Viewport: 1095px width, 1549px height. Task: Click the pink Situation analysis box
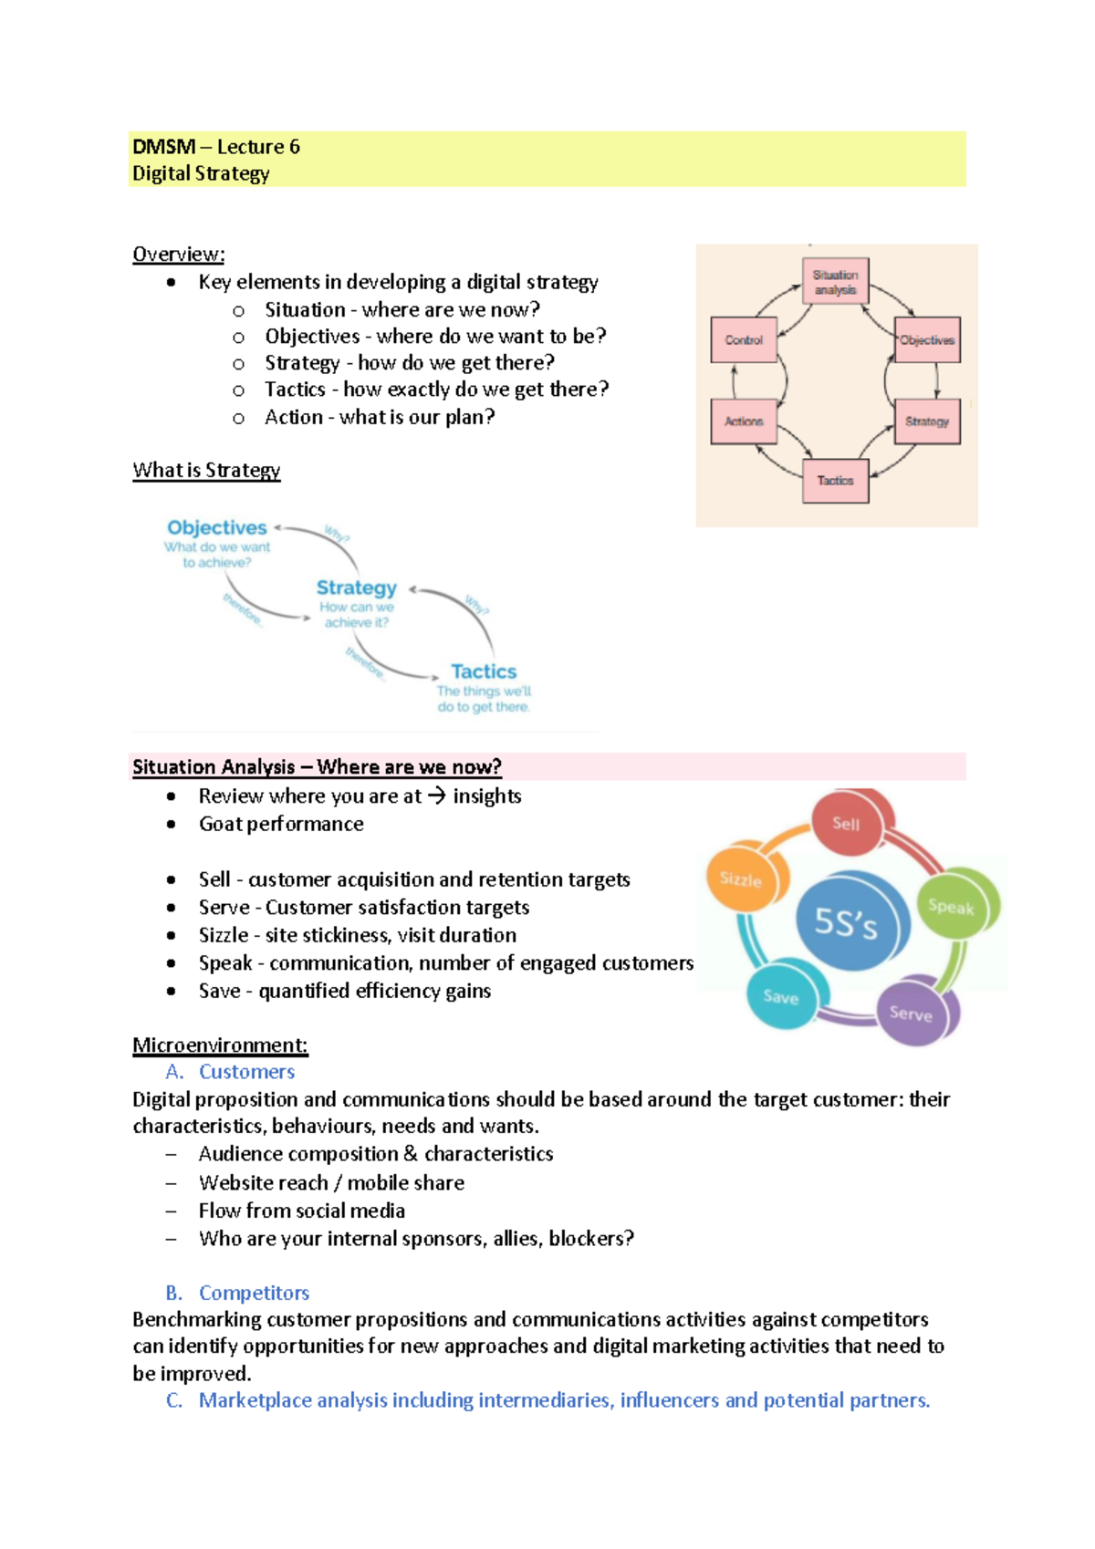[x=835, y=282]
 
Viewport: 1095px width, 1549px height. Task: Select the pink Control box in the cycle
[x=744, y=340]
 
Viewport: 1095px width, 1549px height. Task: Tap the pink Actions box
[x=744, y=421]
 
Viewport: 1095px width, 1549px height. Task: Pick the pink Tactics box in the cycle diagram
[x=835, y=481]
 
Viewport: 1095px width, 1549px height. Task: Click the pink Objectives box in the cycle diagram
[x=927, y=340]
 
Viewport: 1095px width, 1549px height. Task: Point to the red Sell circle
[x=847, y=824]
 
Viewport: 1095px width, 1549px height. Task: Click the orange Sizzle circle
[x=741, y=879]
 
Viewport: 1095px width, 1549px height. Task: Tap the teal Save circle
[x=781, y=996]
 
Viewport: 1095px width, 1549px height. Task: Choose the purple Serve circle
[x=911, y=1013]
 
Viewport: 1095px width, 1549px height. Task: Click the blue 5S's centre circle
[x=846, y=923]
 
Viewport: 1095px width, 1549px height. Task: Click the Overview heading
[x=179, y=255]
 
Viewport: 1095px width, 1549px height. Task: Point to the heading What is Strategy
[x=206, y=471]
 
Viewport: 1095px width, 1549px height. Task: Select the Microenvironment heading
[x=220, y=1045]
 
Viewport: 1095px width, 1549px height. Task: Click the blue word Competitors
[x=254, y=1293]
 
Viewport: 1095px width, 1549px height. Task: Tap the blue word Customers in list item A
[x=246, y=1072]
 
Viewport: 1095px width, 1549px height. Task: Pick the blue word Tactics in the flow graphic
[x=484, y=671]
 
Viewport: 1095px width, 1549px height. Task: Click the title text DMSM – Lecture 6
[x=216, y=147]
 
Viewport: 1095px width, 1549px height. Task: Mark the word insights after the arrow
[x=487, y=796]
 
